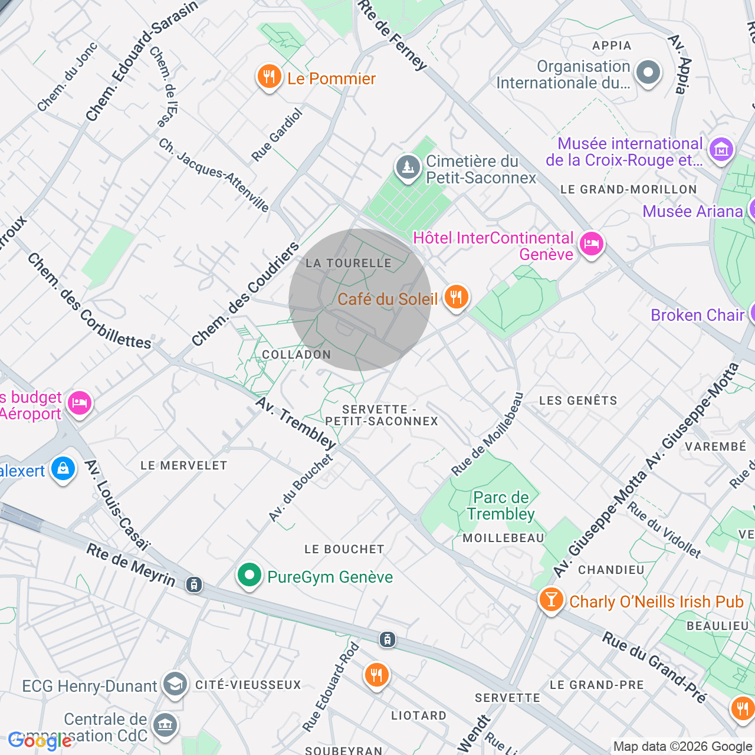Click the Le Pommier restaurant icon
[x=269, y=77]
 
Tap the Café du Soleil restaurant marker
[x=455, y=297]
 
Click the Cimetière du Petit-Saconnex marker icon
[x=408, y=168]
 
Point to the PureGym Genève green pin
[x=250, y=575]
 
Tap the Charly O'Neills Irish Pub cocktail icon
[x=552, y=600]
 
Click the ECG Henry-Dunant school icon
[x=175, y=684]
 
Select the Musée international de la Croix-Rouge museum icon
[x=721, y=150]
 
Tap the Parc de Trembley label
[x=501, y=505]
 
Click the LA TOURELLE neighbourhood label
[x=349, y=263]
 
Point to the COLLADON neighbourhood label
[x=296, y=354]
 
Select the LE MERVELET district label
[x=183, y=465]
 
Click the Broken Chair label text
[x=697, y=315]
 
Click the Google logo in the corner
[x=40, y=740]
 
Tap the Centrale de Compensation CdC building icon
[x=165, y=726]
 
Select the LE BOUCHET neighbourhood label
[x=344, y=549]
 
